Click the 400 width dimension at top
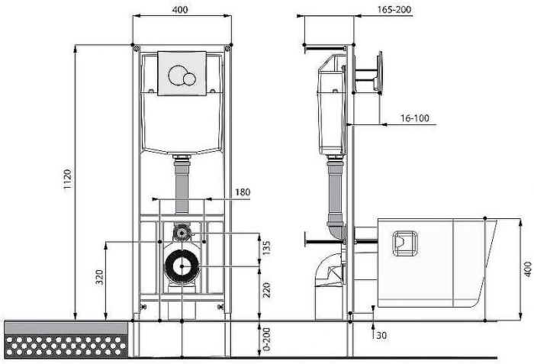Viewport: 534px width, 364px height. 182,10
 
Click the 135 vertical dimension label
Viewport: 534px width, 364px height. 267,250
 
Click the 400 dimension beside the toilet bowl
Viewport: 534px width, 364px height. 526,269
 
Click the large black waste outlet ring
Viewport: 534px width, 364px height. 182,266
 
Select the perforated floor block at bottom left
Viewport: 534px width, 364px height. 66,340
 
